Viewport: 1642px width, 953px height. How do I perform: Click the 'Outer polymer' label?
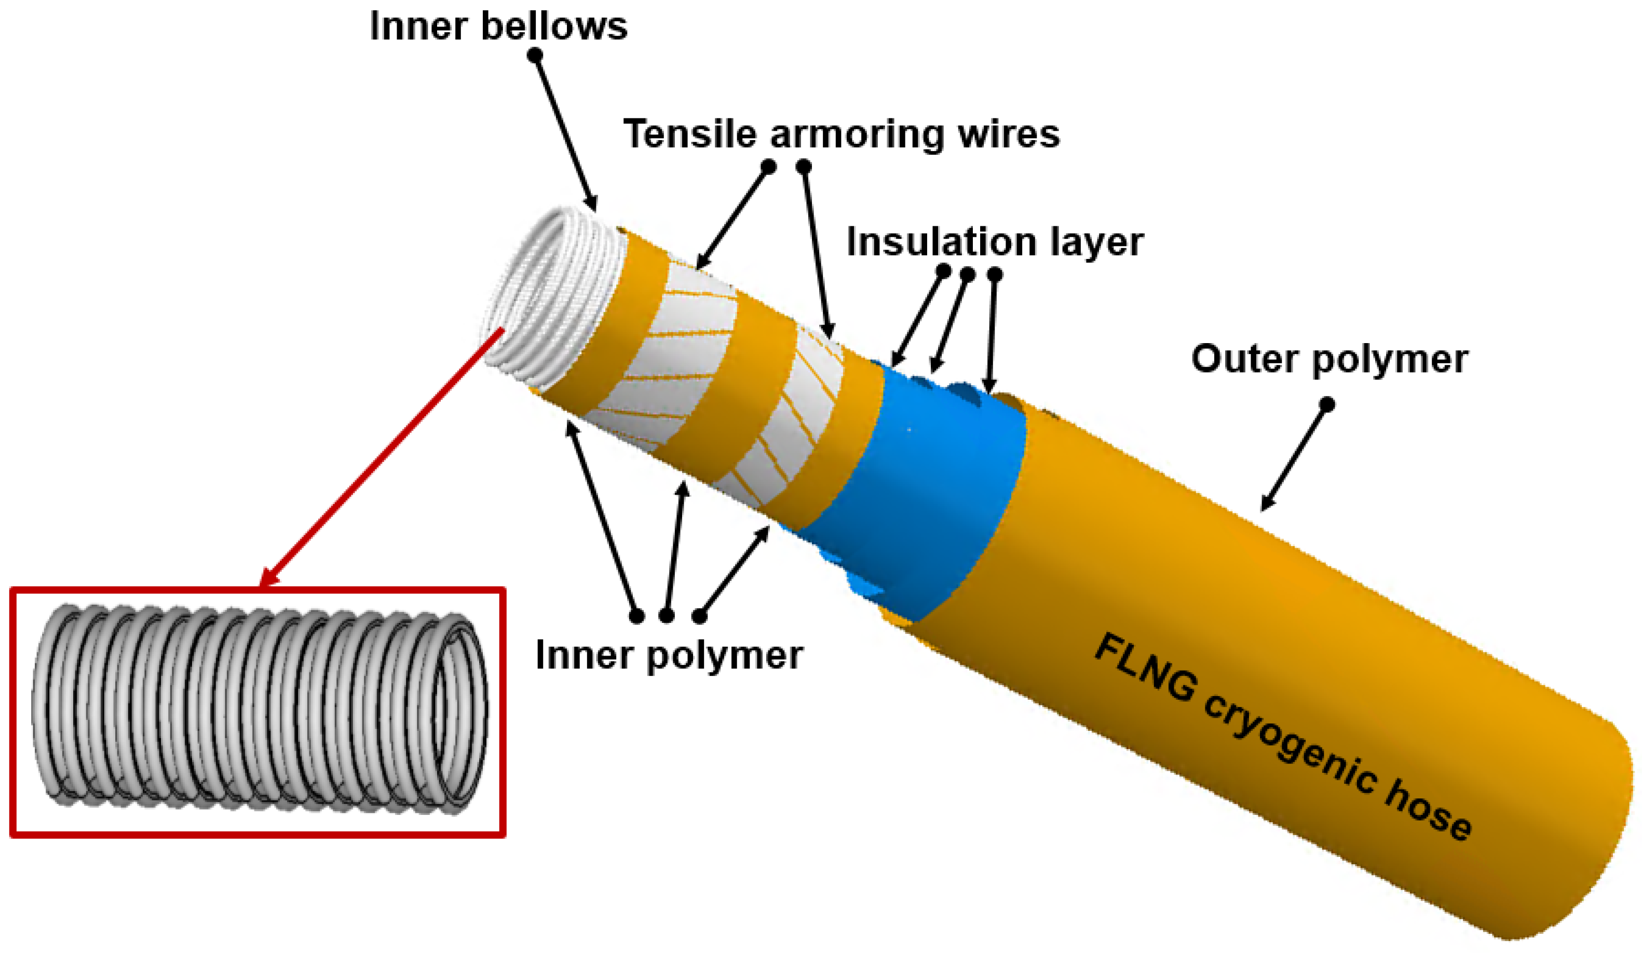(x=1329, y=359)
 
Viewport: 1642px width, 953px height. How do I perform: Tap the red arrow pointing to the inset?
(x=385, y=456)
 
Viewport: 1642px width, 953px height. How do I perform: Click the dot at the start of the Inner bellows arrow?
(x=535, y=56)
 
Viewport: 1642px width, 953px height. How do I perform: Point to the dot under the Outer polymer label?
(x=1327, y=404)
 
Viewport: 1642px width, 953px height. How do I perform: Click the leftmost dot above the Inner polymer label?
(x=636, y=615)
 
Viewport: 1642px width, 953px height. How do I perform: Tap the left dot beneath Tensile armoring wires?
(x=769, y=167)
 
